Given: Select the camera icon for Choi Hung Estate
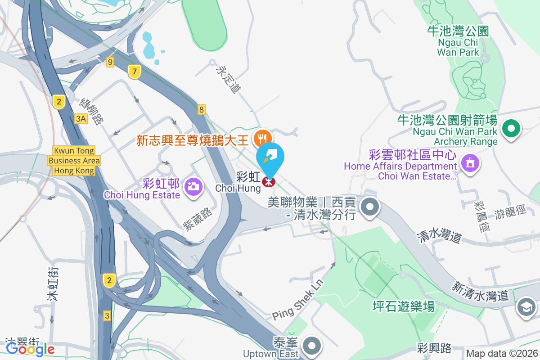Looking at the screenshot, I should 193,185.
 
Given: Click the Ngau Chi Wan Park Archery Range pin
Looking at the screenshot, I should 511,129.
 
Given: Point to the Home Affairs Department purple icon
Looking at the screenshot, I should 470,162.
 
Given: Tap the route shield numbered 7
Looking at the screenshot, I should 134,71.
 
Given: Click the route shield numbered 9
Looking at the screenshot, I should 110,62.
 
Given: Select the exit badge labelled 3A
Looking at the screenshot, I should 81,118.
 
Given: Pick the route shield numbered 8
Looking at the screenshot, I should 202,109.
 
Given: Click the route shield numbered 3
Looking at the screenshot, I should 107,315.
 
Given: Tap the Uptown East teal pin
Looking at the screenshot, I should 311,346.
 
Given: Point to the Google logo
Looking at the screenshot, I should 30,349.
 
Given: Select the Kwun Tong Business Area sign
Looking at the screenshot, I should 74,161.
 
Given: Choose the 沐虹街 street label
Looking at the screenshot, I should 54,283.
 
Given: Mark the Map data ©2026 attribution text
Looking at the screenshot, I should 502,353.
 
